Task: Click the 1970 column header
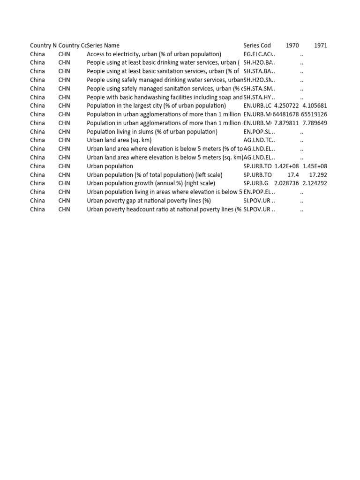pyautogui.click(x=292, y=45)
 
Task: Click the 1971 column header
pyautogui.click(x=321, y=45)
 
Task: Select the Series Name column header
pyautogui.click(x=104, y=45)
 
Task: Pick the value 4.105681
pyautogui.click(x=315, y=106)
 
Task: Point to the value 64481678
pyautogui.click(x=285, y=114)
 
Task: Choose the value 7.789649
pyautogui.click(x=315, y=123)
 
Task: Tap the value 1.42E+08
pyautogui.click(x=286, y=166)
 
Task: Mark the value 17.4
pyautogui.click(x=293, y=175)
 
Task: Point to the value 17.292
pyautogui.click(x=318, y=175)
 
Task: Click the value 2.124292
pyautogui.click(x=315, y=183)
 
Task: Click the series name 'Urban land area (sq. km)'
pyautogui.click(x=119, y=140)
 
